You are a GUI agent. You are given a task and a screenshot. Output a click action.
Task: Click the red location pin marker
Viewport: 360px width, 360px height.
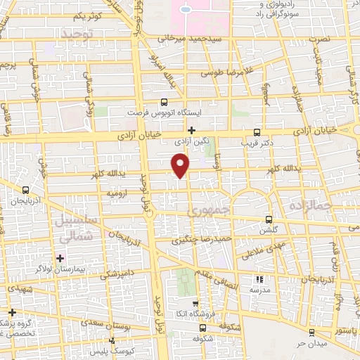(x=181, y=165)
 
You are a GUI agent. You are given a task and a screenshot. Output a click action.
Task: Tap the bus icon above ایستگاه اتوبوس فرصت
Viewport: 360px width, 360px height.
(x=164, y=101)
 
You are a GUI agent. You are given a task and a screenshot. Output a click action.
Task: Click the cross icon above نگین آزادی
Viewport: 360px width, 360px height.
(x=191, y=129)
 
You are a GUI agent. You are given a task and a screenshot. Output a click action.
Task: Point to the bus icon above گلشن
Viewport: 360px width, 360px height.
(x=269, y=219)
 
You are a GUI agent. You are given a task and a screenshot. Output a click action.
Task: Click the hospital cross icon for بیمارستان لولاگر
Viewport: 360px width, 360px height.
(x=60, y=257)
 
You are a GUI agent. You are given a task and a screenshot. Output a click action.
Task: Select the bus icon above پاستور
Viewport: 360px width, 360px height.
(x=311, y=331)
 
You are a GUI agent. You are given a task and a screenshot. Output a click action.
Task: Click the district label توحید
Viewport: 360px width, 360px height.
(x=77, y=34)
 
